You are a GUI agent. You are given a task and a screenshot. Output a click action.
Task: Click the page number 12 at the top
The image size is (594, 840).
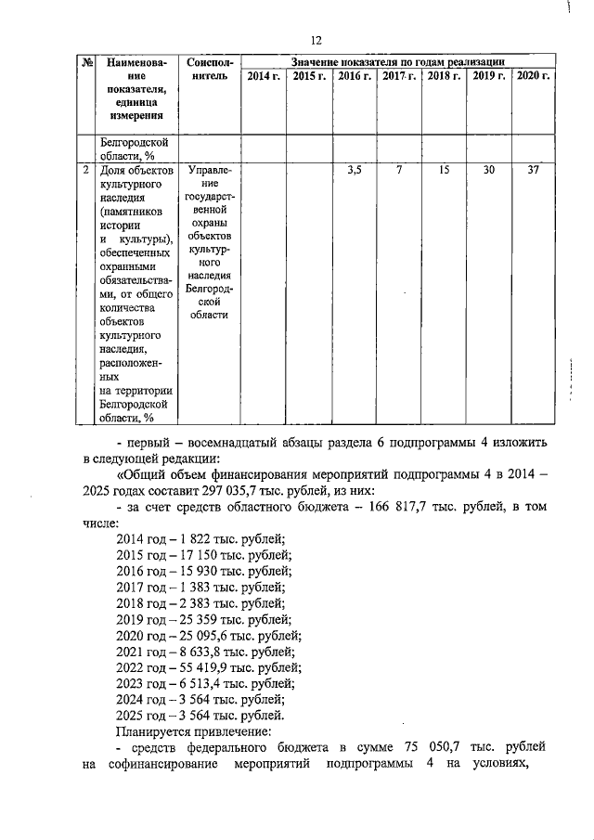(316, 40)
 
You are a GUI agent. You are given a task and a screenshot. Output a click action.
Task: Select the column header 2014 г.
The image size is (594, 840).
(264, 76)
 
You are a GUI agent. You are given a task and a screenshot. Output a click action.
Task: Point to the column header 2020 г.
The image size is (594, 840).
(533, 76)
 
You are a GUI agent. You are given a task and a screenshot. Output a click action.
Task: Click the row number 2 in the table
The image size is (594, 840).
(85, 171)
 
